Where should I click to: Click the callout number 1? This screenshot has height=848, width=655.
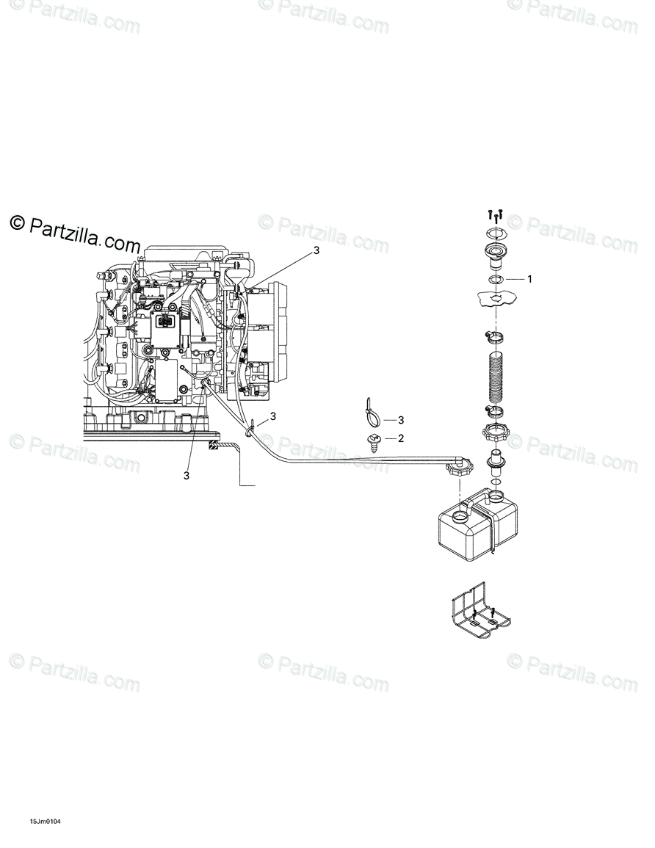point(529,279)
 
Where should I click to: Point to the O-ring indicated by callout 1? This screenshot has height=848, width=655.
point(496,280)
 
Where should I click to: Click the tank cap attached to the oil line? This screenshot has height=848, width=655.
point(460,468)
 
